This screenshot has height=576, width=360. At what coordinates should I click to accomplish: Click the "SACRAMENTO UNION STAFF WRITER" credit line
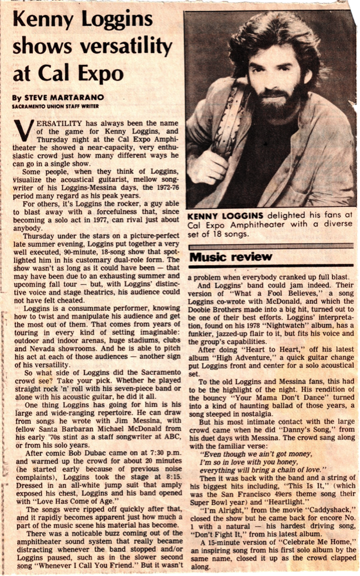pyautogui.click(x=53, y=107)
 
